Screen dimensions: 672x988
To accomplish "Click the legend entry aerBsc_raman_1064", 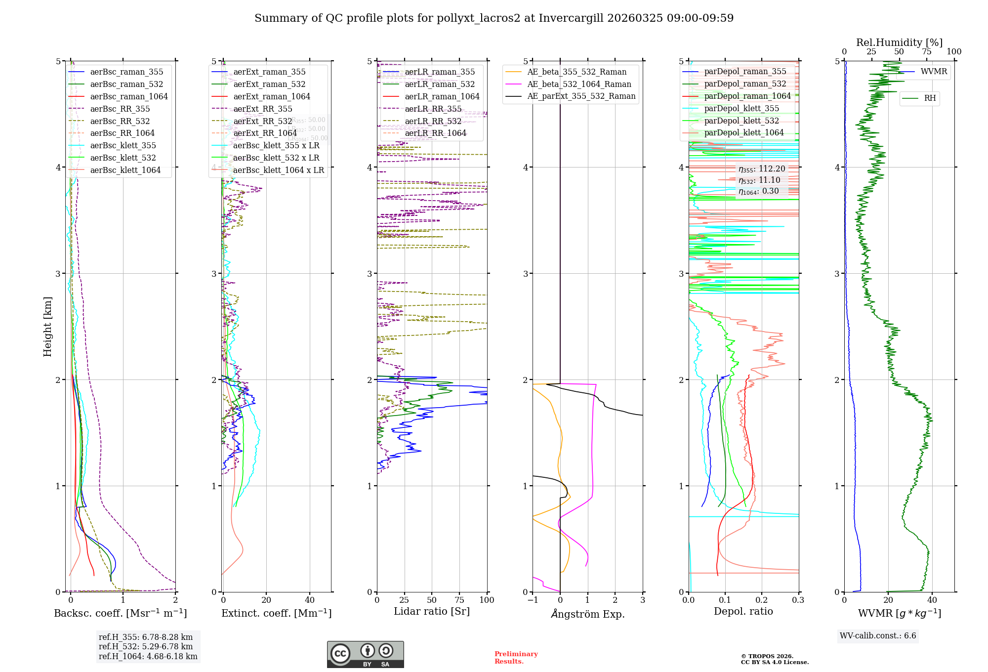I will [x=128, y=97].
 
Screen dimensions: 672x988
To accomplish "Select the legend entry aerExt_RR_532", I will [x=262, y=121].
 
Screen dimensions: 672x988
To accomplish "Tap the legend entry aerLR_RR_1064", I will [x=435, y=133].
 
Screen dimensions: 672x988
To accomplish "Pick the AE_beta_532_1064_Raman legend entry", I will [x=579, y=84].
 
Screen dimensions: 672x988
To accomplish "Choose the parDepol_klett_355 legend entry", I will [x=741, y=109].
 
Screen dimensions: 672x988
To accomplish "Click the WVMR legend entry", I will [x=934, y=72].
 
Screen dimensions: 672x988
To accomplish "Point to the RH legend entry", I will [x=930, y=98].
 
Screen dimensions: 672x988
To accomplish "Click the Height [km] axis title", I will [x=47, y=327].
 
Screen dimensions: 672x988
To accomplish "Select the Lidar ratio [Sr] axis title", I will [x=431, y=611].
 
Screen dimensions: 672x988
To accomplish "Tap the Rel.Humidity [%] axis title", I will [x=899, y=42].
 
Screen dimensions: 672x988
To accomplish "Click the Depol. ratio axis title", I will [x=743, y=611].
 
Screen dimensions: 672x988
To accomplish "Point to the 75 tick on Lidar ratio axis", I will [x=459, y=600].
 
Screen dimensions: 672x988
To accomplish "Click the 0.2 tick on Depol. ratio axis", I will [x=762, y=600].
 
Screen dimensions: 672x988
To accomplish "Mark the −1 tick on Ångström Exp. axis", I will [x=533, y=600].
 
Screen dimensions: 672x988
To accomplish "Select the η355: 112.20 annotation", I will [x=761, y=169].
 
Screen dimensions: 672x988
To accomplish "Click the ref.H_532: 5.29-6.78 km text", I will [x=145, y=646].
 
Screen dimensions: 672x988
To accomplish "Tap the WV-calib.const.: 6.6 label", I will [x=878, y=636].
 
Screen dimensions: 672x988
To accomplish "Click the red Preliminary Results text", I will [x=516, y=658].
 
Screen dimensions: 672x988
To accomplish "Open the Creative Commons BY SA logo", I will [x=365, y=654].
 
